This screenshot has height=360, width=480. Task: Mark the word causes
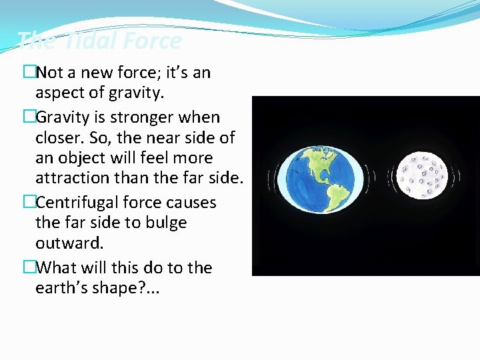click(x=192, y=201)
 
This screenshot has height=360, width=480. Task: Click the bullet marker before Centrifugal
click(x=28, y=201)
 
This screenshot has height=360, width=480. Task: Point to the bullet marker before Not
click(x=28, y=73)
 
